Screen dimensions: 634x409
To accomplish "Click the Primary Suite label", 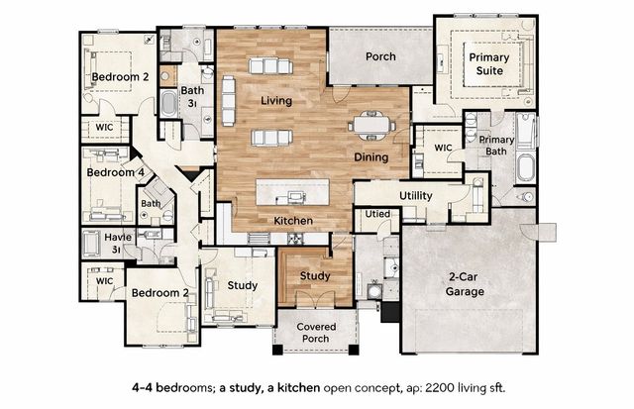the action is coord(489,63).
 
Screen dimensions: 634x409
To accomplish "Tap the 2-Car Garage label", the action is coord(465,284).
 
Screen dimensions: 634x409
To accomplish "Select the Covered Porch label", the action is coord(316,332).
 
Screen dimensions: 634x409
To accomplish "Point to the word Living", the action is coord(276,100).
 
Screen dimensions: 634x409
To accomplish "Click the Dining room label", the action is coord(371,157).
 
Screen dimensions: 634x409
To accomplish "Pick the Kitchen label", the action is coord(293,221).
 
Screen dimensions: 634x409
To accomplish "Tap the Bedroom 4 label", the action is coord(115,172).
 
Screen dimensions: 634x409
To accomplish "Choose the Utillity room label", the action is coord(416,196).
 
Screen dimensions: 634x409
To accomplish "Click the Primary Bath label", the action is coord(496,146).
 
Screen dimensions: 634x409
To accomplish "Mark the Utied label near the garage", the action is coord(377,214).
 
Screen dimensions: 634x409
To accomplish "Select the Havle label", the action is coord(118,243).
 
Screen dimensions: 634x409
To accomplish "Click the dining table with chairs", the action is coord(371,125).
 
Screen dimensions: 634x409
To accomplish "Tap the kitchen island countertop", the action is coord(293,192).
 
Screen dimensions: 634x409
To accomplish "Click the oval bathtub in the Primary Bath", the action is coord(526,167).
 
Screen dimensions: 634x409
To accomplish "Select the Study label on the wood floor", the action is coord(315,276).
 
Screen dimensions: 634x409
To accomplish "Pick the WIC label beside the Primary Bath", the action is coord(443,148).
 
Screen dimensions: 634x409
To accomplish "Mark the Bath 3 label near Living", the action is coord(192,96).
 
